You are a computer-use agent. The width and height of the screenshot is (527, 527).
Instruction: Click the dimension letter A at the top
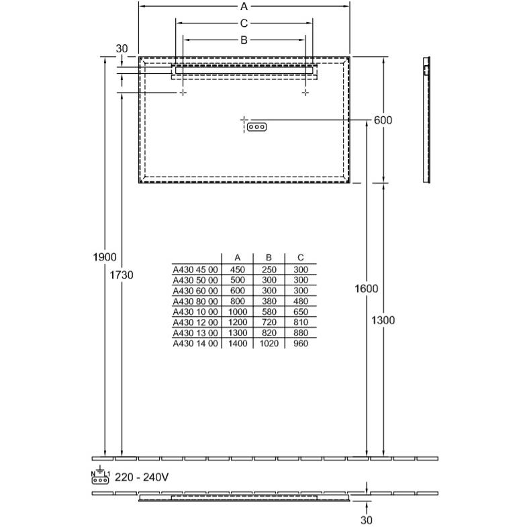click(x=244, y=6)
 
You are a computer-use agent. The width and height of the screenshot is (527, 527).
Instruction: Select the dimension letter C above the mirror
click(x=244, y=23)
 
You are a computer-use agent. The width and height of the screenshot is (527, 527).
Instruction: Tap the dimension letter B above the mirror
click(x=244, y=40)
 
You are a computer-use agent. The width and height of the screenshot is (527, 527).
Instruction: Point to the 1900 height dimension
click(x=105, y=257)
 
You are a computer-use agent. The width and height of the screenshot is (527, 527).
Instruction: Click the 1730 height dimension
click(x=122, y=275)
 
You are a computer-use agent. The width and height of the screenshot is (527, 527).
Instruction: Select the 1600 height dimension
click(x=367, y=289)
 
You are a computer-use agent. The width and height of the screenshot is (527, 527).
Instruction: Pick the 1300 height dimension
click(x=383, y=320)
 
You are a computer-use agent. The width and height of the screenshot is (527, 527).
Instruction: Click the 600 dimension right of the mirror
click(x=383, y=120)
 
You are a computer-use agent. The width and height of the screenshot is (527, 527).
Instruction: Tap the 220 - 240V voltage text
click(x=142, y=477)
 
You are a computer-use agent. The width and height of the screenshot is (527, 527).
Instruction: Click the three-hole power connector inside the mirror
click(x=256, y=127)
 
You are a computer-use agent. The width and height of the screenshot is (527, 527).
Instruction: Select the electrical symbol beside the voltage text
click(x=100, y=475)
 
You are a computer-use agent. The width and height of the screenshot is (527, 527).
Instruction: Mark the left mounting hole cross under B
click(x=183, y=93)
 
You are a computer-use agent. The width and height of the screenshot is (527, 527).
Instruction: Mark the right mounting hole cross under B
click(x=305, y=93)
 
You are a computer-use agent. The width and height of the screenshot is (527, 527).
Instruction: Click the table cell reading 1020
click(x=269, y=344)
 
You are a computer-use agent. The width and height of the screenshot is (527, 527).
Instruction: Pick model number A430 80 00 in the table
click(x=195, y=301)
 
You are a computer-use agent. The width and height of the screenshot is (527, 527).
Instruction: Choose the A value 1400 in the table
click(x=238, y=344)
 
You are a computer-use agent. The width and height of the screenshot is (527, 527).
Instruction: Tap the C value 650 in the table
click(x=301, y=312)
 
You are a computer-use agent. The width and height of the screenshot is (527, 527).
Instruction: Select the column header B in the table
click(x=269, y=257)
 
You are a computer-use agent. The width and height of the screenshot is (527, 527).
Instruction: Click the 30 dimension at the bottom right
click(x=367, y=520)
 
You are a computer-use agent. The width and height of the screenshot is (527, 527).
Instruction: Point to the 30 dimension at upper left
click(x=122, y=48)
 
